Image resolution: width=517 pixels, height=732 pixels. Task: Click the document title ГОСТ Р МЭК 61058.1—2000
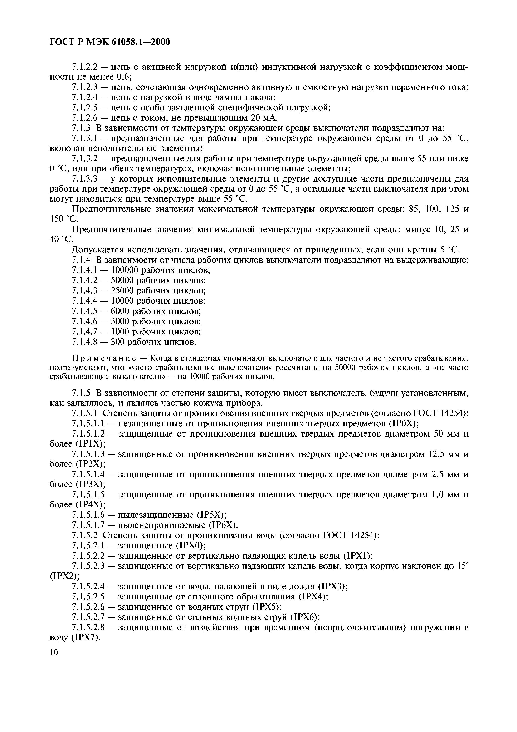[x=110, y=42]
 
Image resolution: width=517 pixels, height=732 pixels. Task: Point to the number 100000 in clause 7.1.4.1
[x=125, y=270]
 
